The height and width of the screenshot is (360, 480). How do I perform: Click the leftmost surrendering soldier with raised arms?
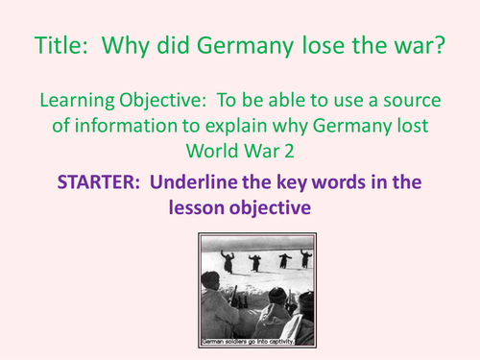click(x=228, y=260)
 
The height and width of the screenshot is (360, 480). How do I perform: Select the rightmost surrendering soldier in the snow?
click(x=304, y=258)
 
